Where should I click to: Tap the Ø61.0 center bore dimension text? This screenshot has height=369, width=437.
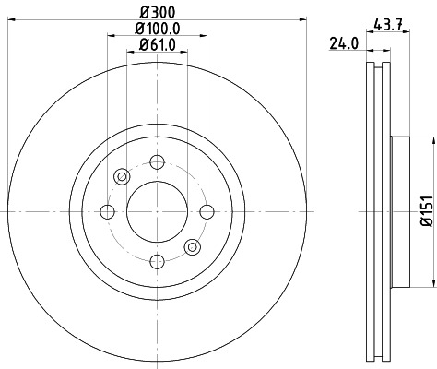(157, 45)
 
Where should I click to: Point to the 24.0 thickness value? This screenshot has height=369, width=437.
(344, 42)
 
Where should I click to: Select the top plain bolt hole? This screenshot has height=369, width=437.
(157, 162)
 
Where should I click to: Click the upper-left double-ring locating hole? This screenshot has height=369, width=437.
(122, 177)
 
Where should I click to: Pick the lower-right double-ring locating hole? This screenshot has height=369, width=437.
(192, 247)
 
